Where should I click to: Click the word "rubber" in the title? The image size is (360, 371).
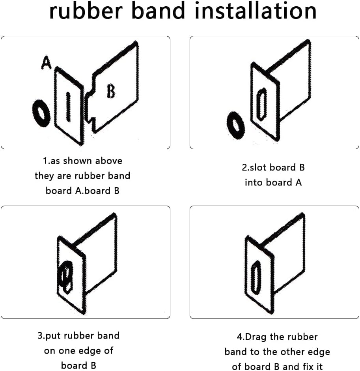86,11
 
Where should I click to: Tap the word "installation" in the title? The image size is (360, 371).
256,11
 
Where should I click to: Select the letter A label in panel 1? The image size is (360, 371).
46,62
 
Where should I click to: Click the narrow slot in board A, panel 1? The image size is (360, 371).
68,107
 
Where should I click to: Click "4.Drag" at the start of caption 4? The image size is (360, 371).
252,337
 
